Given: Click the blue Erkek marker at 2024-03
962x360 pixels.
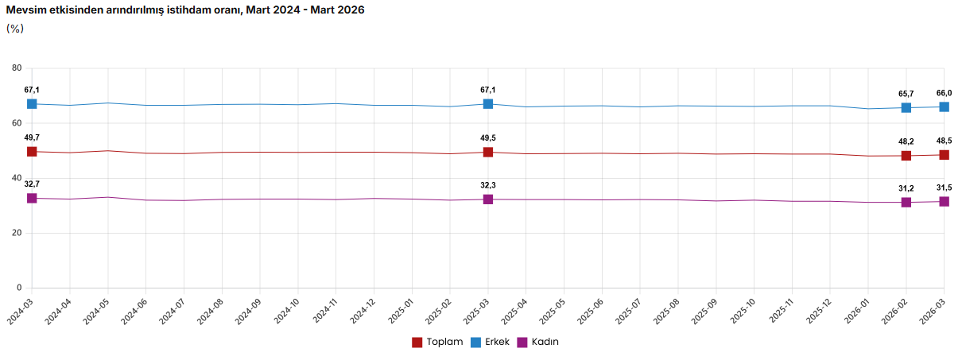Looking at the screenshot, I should click(x=32, y=104).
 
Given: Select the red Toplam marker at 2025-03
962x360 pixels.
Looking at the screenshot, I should click(x=488, y=152).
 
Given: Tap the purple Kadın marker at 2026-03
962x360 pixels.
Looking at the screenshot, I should click(x=944, y=202).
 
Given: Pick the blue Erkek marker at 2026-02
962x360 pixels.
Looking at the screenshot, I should click(x=906, y=108).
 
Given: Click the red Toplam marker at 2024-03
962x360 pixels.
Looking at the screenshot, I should click(x=32, y=152).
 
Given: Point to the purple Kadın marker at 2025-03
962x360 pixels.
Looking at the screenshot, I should click(x=488, y=199).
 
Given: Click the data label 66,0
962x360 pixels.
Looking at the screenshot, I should click(x=944, y=93).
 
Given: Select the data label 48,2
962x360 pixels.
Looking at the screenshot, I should click(x=906, y=141).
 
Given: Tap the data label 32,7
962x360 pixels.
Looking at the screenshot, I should click(x=32, y=184).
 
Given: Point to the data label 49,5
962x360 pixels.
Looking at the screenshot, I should click(x=488, y=138).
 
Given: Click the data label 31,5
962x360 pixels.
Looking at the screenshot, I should click(x=944, y=188).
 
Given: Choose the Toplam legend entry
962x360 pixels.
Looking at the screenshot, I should click(x=437, y=342).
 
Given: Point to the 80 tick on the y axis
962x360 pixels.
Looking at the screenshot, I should click(x=17, y=68).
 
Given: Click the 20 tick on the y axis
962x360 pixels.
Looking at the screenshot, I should click(x=17, y=233).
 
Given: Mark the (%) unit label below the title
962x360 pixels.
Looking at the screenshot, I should click(x=15, y=29).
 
